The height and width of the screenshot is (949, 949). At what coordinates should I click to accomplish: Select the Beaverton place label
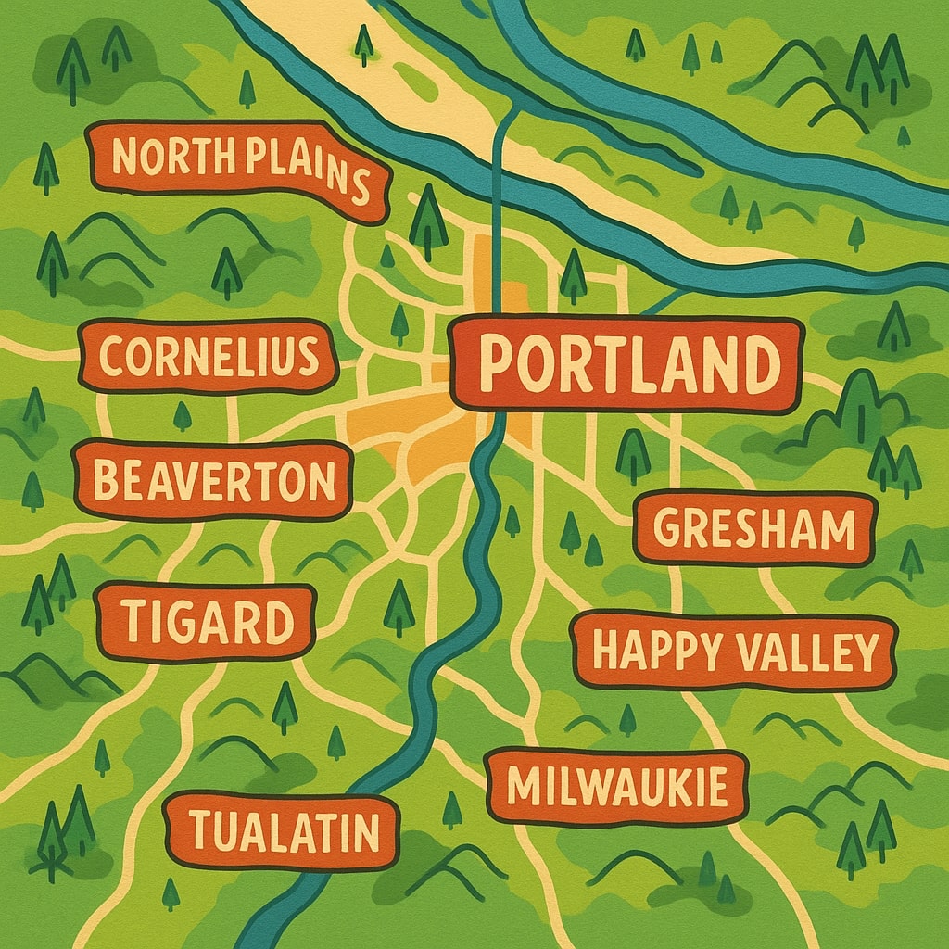click(x=213, y=481)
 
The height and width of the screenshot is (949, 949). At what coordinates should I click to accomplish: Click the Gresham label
click(x=754, y=529)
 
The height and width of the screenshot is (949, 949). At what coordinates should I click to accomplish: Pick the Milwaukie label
click(x=616, y=786)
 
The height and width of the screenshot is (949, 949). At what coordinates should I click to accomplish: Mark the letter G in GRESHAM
click(x=667, y=529)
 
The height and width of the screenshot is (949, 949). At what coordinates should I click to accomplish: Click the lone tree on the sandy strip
click(x=364, y=43)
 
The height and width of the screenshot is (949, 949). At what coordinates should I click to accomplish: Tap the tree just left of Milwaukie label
click(x=451, y=808)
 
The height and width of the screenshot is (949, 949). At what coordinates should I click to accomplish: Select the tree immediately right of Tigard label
click(x=399, y=607)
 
